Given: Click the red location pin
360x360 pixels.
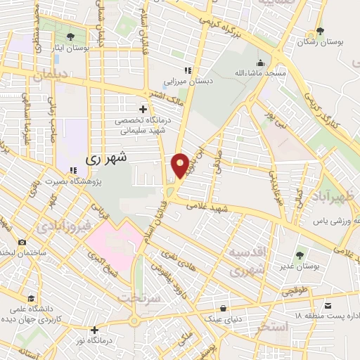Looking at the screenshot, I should click(180, 166).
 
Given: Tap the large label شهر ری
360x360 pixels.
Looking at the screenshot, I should click(107, 158).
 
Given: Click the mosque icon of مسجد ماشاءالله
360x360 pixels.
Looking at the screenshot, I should click(260, 62).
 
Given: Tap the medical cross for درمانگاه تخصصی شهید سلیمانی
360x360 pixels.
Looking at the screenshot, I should click(143, 109).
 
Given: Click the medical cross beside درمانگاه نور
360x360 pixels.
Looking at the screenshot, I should click(94, 329).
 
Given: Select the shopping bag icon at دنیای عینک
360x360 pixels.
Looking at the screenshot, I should click(223, 308).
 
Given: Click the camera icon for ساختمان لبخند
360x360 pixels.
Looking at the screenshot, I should click(22, 242).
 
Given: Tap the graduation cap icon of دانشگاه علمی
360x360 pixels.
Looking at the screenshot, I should click(30, 297).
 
